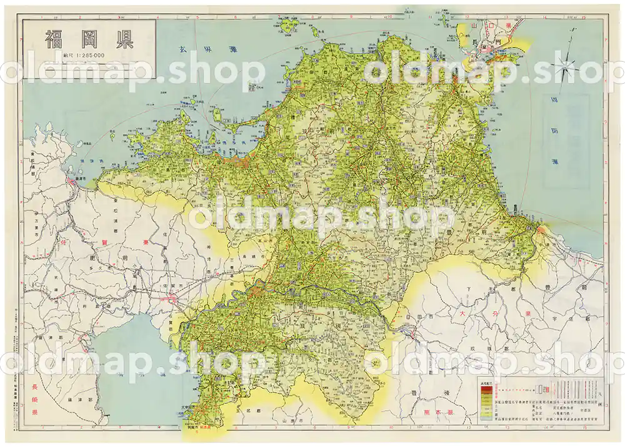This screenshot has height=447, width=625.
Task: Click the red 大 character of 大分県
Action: click(x=462, y=312)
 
